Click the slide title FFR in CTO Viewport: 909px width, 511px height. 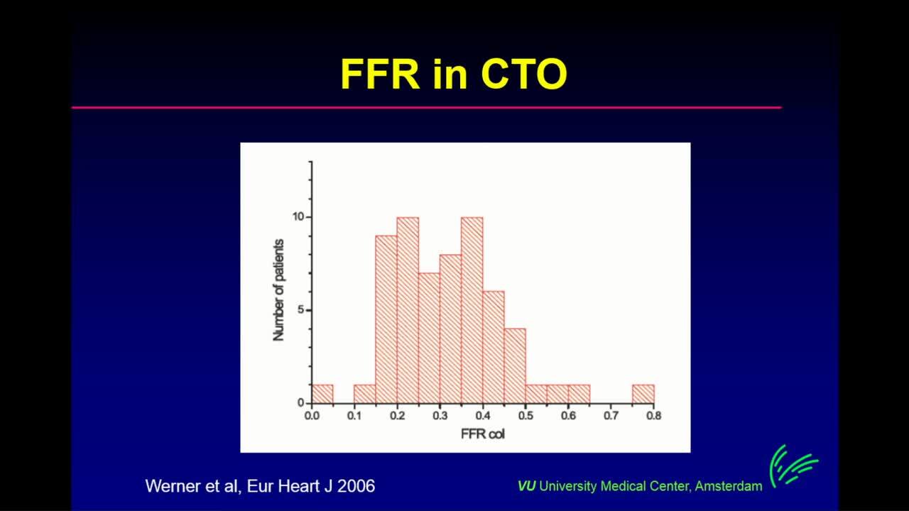point(454,75)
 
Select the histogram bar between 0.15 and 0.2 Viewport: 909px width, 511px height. point(386,319)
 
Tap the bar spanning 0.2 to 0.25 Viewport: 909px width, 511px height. point(408,310)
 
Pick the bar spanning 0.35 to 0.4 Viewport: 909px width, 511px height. point(472,310)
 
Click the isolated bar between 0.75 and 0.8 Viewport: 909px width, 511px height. point(643,394)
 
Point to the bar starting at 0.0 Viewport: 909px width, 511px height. point(322,394)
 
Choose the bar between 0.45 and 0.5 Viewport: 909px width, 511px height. point(515,366)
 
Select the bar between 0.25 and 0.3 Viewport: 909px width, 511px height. point(430,339)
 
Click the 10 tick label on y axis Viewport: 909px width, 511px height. point(298,217)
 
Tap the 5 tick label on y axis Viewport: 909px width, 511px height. point(300,310)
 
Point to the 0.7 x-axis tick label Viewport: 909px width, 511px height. point(611,416)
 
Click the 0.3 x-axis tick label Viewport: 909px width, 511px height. point(440,416)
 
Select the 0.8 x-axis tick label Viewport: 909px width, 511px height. point(654,416)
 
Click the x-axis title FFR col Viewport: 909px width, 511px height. point(482,434)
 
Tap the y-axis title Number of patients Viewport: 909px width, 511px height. point(278,290)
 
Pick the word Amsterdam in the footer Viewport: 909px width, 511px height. point(729,486)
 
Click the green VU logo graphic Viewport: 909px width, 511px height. point(793,466)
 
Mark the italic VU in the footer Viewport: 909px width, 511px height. point(526,486)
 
